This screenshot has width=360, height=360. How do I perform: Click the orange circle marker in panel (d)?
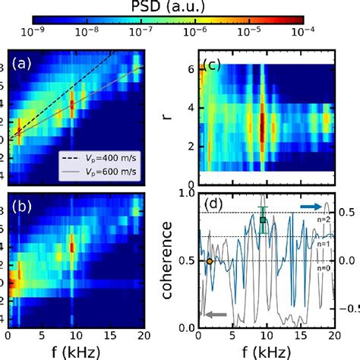pyautogui.click(x=210, y=261)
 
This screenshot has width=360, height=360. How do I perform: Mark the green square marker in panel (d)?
pyautogui.click(x=263, y=220)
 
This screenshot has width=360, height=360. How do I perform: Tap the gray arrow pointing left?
pyautogui.click(x=214, y=314)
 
